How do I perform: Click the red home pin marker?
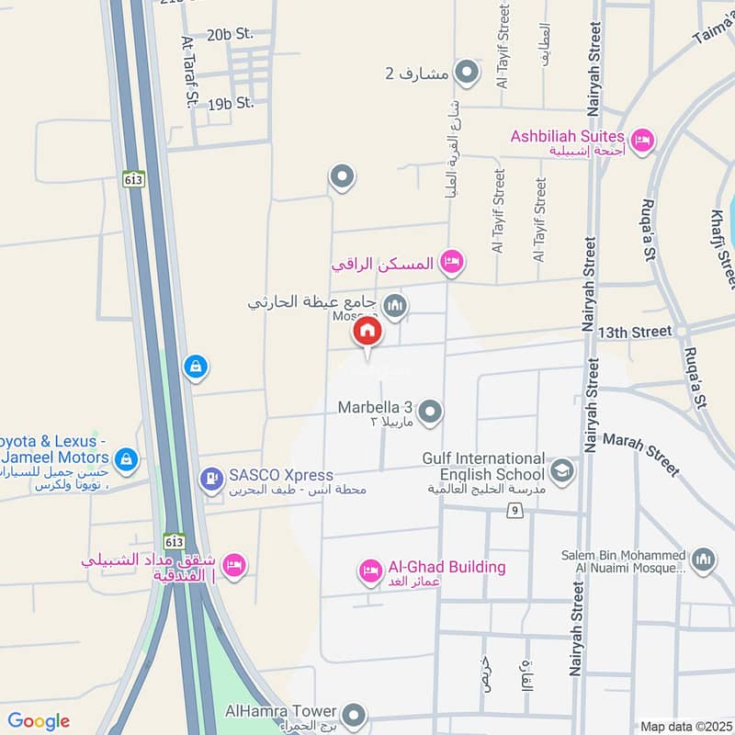tap(367, 334)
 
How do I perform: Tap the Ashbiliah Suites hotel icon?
tap(642, 140)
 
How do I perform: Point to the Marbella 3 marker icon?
tap(430, 413)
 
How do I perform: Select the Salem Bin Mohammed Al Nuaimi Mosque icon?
tap(703, 560)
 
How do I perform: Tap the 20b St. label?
tap(230, 35)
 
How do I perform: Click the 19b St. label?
tap(231, 103)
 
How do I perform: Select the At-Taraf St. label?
tap(190, 73)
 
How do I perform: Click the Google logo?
tap(39, 721)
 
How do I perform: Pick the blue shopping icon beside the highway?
tap(195, 368)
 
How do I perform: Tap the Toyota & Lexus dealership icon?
tap(127, 458)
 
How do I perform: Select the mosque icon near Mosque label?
tap(395, 306)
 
